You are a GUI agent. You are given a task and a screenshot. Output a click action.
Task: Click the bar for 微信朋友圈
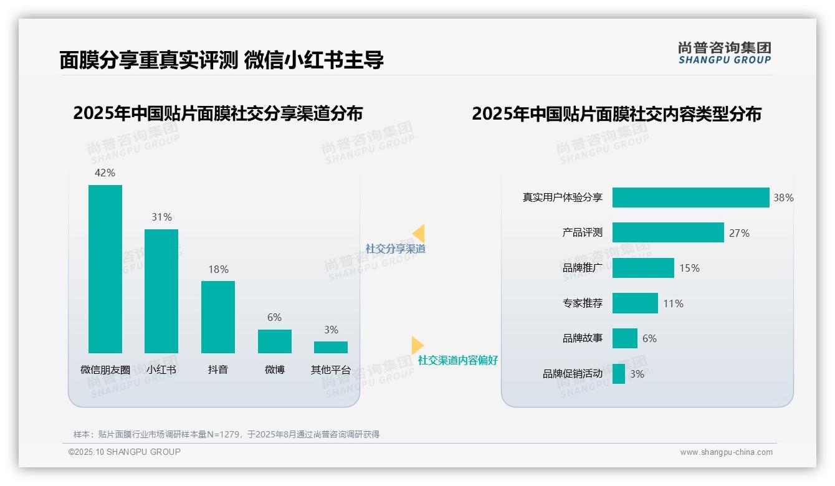click(x=105, y=269)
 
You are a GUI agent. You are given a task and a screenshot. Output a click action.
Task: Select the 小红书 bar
click(x=161, y=291)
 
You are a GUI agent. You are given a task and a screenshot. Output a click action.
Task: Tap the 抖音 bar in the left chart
click(x=218, y=317)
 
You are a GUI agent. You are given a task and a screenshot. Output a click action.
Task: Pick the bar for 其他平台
click(x=331, y=347)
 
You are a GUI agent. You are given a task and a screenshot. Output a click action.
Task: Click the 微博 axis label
click(x=274, y=369)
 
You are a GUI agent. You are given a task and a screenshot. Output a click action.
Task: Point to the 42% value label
click(x=105, y=173)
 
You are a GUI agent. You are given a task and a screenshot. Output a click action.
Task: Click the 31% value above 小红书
click(x=161, y=217)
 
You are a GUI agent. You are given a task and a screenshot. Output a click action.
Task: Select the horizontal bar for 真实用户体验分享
click(x=690, y=198)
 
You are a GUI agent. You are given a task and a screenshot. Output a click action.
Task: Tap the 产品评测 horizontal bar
click(x=668, y=232)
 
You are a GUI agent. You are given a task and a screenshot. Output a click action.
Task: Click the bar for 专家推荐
click(x=635, y=303)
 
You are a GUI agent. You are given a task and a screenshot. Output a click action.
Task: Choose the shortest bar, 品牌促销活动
click(x=619, y=374)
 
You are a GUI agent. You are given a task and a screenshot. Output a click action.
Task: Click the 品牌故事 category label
click(x=583, y=338)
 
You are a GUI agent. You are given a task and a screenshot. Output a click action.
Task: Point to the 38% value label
click(x=783, y=198)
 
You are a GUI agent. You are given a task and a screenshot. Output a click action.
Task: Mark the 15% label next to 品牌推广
click(x=689, y=268)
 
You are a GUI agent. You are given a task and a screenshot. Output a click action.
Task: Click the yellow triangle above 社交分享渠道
click(x=419, y=234)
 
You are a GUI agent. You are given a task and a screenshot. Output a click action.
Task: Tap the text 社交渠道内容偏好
click(x=458, y=360)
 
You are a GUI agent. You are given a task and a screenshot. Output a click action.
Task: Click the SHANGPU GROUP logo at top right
click(x=724, y=53)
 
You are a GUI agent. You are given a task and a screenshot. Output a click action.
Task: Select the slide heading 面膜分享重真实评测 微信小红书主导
click(x=221, y=60)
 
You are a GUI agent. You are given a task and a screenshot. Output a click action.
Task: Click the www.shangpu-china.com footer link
click(x=726, y=452)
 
